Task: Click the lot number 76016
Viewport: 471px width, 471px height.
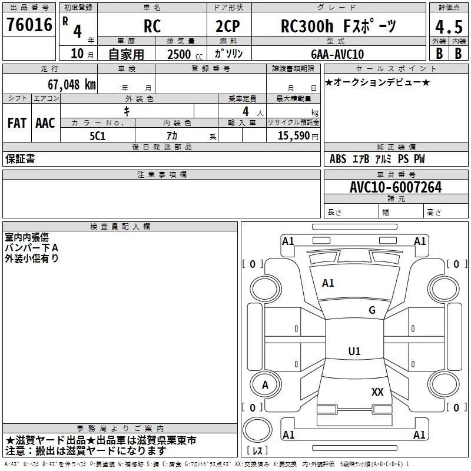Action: (29, 26)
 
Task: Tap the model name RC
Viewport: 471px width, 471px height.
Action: (152, 26)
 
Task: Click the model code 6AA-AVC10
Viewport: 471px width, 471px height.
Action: (337, 54)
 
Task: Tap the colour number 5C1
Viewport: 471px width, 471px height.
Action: (98, 135)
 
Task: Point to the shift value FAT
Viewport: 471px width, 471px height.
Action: (16, 123)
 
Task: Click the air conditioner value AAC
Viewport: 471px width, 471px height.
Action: (45, 123)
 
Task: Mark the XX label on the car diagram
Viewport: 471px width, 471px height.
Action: (377, 392)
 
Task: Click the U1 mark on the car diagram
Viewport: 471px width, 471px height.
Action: (354, 351)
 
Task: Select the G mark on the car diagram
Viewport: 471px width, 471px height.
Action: (372, 310)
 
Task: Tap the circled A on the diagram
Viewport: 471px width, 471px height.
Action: (265, 384)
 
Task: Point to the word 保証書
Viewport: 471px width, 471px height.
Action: (20, 159)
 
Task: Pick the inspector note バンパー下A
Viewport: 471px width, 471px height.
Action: (32, 248)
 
